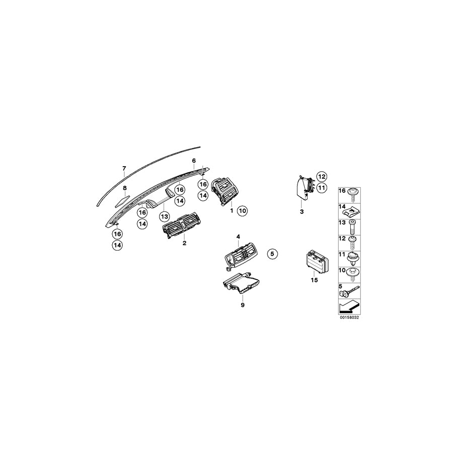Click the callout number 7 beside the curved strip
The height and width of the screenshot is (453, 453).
(x=124, y=168)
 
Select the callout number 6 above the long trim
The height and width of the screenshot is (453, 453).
(x=194, y=161)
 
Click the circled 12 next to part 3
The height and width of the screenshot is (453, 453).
(x=322, y=176)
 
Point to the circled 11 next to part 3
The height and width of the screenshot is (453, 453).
(x=322, y=187)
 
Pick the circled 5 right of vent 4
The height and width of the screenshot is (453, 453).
(x=272, y=254)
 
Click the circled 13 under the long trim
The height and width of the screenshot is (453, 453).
(x=163, y=216)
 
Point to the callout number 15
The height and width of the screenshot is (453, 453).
(x=315, y=280)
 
